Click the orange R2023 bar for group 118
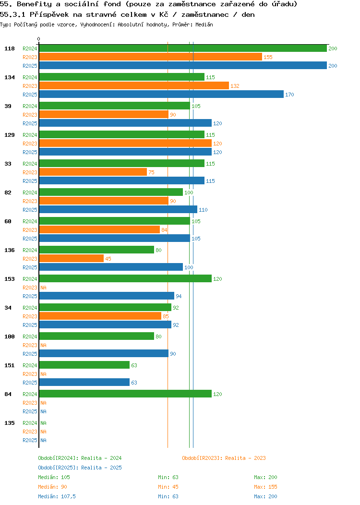[150, 57]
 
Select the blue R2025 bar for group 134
[161, 94]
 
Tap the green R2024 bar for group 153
[125, 278]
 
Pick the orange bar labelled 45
[71, 258]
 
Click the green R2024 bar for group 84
[125, 394]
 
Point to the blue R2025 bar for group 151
[84, 382]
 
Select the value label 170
[289, 95]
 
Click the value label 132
[235, 86]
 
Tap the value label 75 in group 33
[151, 172]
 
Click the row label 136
[9, 250]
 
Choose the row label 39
[8, 106]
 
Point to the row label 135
[9, 423]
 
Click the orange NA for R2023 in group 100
[43, 345]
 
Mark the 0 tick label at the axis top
[39, 39]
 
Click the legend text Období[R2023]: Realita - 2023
[224, 458]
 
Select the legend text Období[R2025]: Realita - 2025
[80, 468]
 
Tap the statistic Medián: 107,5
[57, 496]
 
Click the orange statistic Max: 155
[265, 487]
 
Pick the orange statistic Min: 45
[168, 487]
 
